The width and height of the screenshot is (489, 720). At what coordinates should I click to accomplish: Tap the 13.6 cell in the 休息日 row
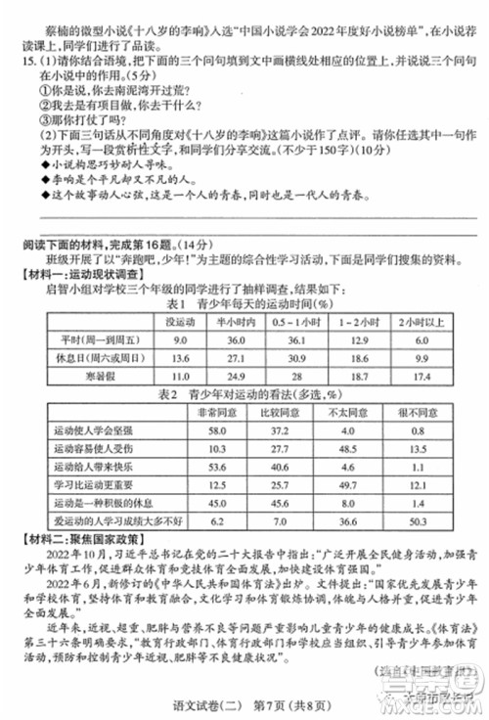click(180, 357)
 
